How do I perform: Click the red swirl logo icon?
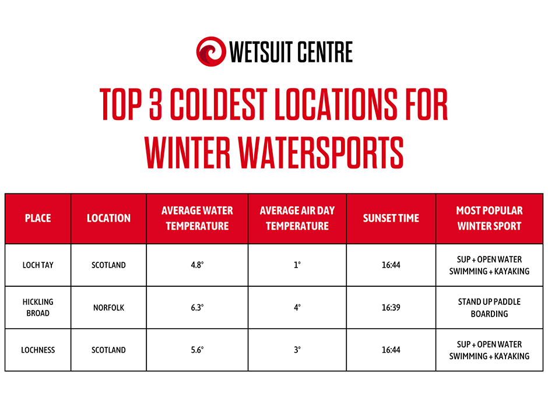tap(211, 51)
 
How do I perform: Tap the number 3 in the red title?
tap(156, 104)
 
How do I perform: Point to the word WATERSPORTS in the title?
tap(321, 152)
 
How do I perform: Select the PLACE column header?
tap(38, 219)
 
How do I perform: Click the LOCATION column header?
tap(108, 219)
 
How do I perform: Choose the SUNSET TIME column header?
tap(391, 219)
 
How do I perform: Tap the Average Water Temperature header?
tap(197, 219)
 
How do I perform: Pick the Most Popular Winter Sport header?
tap(489, 219)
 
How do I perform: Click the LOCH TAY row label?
tap(38, 265)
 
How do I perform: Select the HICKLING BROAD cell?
tap(38, 308)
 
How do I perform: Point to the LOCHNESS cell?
tap(38, 350)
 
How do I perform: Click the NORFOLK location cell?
tap(108, 308)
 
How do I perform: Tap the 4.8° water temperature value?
tap(197, 265)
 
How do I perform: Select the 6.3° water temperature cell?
tap(197, 308)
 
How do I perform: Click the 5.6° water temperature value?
tap(197, 350)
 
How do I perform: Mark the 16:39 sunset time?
tap(391, 308)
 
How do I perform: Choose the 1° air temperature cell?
tap(297, 265)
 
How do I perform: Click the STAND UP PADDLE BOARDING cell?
tap(489, 308)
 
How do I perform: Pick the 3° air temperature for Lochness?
tap(297, 350)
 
